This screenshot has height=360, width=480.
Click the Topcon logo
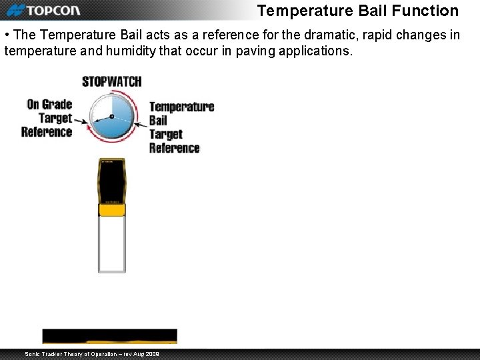pos(43,10)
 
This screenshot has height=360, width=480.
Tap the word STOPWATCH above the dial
pos(111,81)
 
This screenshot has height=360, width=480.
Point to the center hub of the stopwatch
pos(112,117)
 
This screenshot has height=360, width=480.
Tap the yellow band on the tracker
pos(111,210)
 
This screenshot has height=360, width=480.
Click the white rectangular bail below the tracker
pos(111,244)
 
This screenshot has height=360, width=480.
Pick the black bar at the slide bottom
pos(110,335)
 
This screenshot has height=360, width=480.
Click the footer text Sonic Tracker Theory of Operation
pos(91,353)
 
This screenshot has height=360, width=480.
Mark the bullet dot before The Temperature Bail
pos(7,35)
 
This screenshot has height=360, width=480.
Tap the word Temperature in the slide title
pos(303,11)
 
